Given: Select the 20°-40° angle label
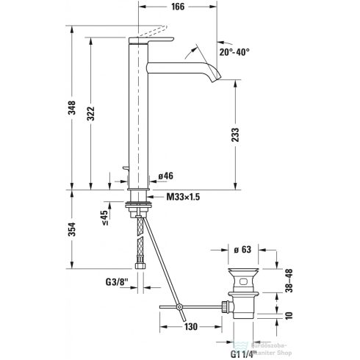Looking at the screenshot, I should (234, 52).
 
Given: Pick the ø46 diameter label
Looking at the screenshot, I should (165, 176).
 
